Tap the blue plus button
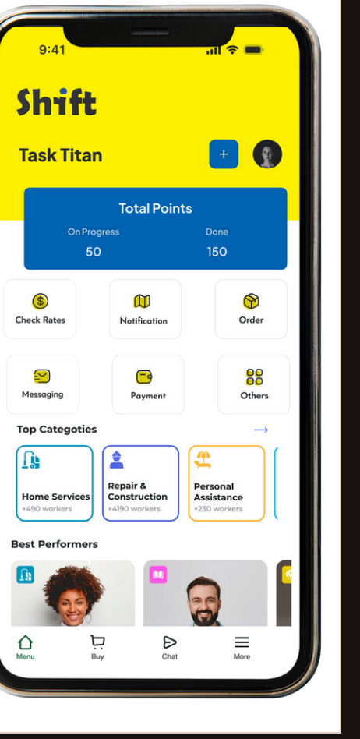tap(224, 154)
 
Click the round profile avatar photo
tap(267, 154)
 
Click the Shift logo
tap(57, 102)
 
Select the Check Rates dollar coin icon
tap(40, 301)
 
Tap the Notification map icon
tap(142, 301)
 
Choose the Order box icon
tap(251, 301)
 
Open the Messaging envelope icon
tap(42, 376)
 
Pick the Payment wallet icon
tap(144, 377)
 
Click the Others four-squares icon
tap(255, 377)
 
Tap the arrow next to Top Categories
tap(261, 430)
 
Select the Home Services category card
tap(55, 483)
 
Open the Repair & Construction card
tap(140, 483)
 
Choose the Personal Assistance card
tap(227, 483)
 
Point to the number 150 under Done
tap(217, 252)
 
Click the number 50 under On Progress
tap(94, 252)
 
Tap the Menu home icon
tap(25, 642)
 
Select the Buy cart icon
tap(97, 642)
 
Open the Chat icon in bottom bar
tap(170, 642)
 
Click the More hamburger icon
tap(242, 642)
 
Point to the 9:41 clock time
tap(52, 49)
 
